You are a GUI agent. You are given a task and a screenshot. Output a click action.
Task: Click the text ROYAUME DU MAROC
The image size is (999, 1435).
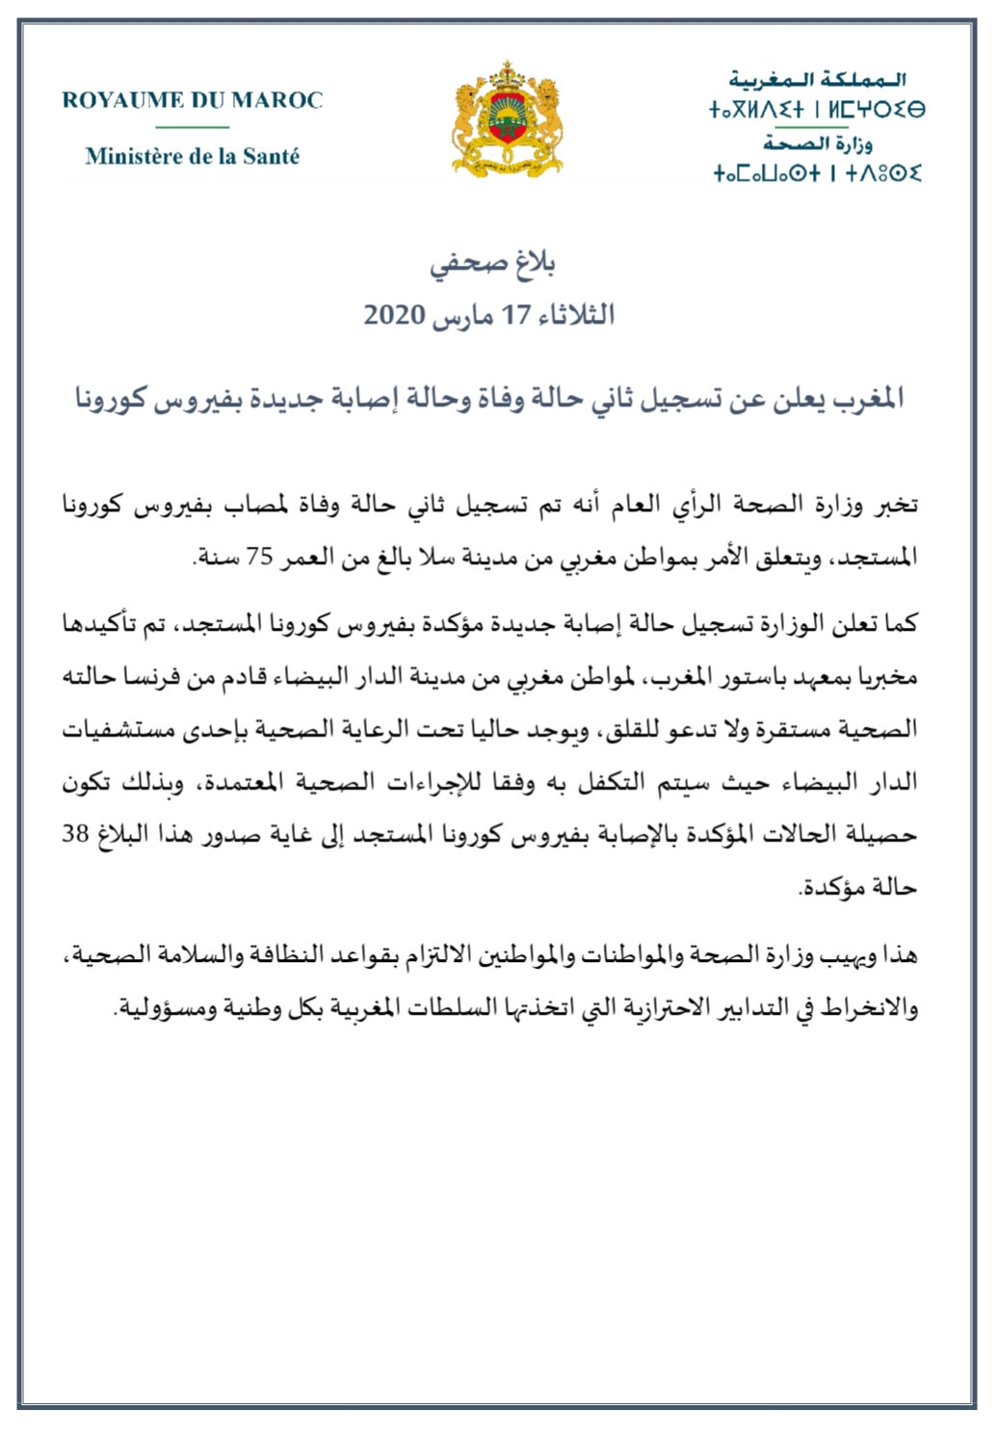click(192, 100)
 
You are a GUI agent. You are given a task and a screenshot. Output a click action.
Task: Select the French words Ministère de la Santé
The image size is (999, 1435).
click(192, 156)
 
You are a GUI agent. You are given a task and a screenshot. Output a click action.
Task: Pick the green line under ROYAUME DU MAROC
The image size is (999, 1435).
click(192, 127)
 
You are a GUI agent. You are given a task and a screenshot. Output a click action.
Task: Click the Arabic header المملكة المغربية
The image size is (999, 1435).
click(817, 80)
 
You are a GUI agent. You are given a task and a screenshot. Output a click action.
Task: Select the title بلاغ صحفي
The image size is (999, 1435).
click(492, 264)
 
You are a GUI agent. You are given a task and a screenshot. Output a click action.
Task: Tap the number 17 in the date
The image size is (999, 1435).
click(518, 315)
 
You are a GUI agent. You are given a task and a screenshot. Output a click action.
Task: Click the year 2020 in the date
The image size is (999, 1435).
click(394, 315)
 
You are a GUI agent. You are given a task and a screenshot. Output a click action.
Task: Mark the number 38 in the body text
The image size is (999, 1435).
click(76, 834)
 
